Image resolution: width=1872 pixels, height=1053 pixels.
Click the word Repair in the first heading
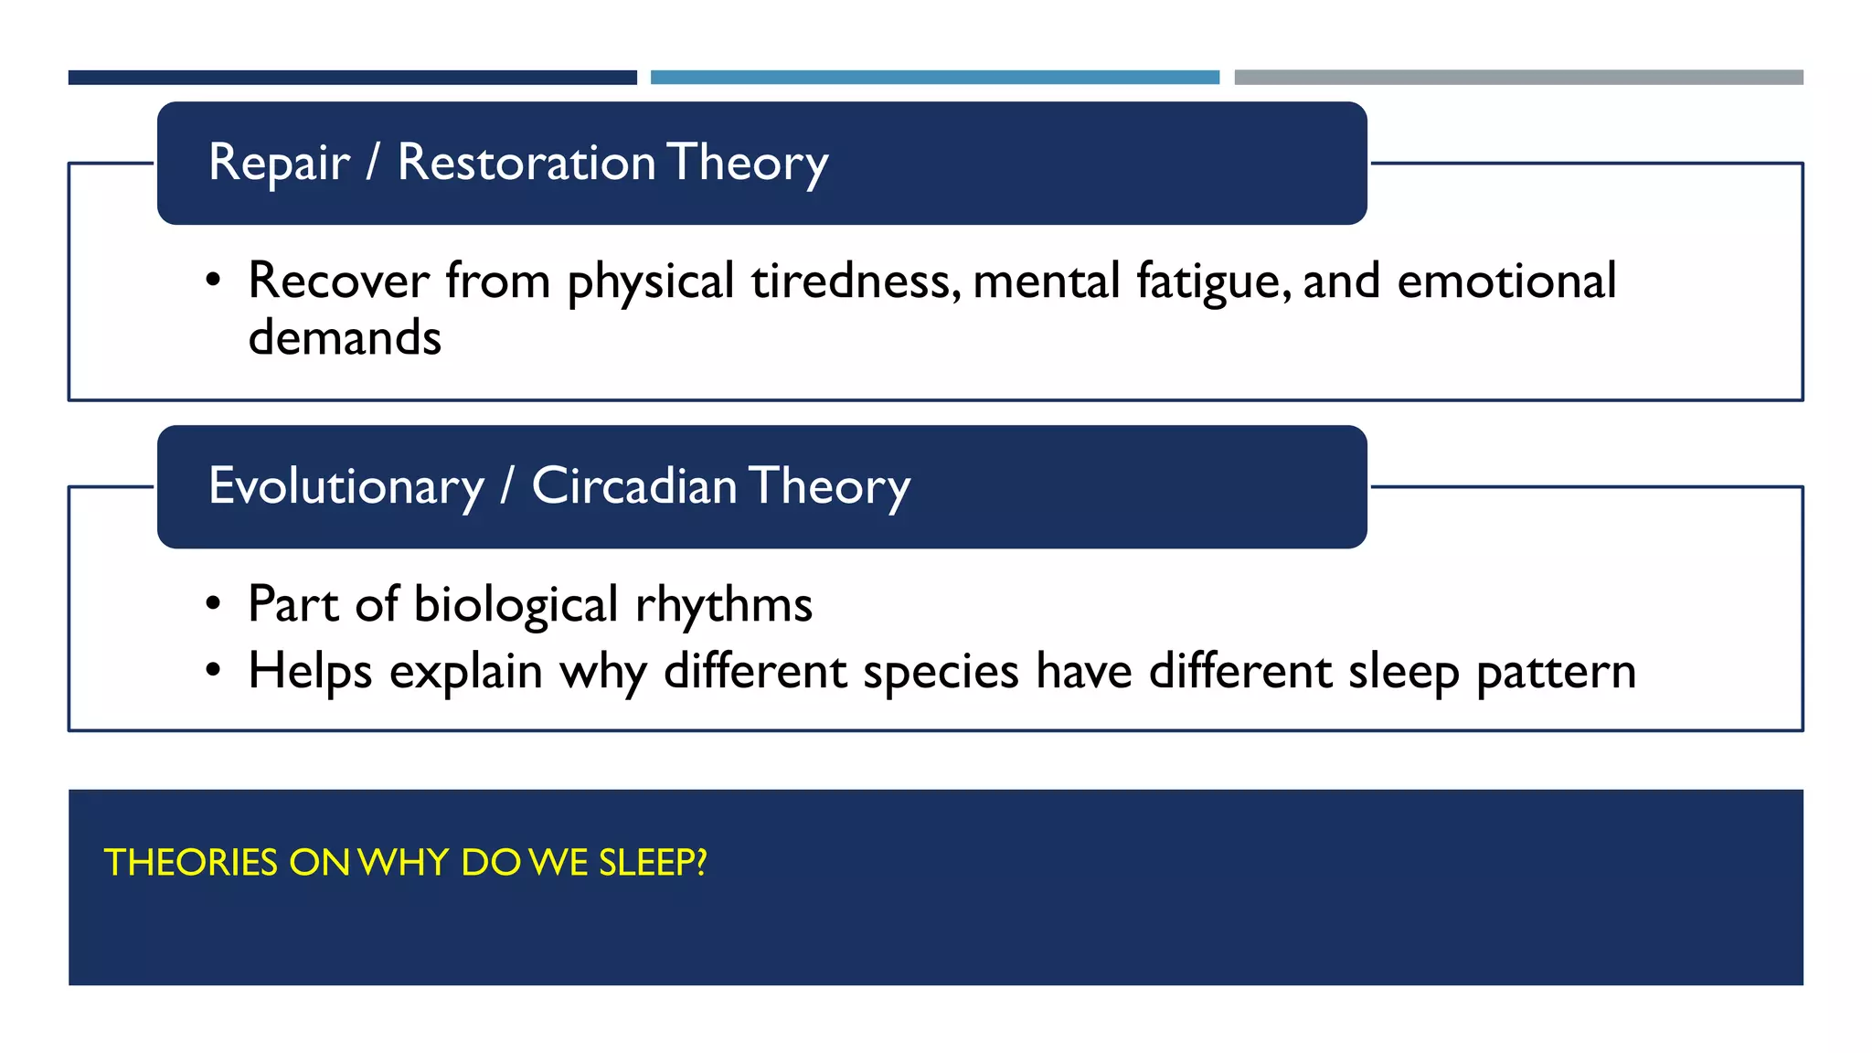[x=279, y=164]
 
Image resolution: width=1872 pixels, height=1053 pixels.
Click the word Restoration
[x=526, y=164]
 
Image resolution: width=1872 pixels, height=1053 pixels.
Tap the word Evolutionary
[x=346, y=486]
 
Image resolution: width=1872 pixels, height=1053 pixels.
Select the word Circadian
[x=633, y=486]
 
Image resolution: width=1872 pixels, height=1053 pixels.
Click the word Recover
[x=338, y=281]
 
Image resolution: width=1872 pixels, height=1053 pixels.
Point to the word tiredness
[x=856, y=281]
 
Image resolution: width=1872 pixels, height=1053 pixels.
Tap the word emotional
[x=1506, y=281]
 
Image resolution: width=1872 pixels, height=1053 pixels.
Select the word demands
[x=345, y=338]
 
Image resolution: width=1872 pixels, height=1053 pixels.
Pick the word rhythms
[x=723, y=606]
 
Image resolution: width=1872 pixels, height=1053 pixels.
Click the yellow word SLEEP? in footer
[x=653, y=863]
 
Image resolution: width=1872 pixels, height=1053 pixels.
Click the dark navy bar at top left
[x=352, y=78]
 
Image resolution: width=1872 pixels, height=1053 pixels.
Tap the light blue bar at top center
[x=934, y=78]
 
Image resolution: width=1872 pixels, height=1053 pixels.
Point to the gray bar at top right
[x=1518, y=78]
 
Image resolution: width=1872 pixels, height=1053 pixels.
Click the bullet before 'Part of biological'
[x=213, y=604]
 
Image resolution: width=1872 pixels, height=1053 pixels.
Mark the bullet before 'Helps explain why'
[x=213, y=671]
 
